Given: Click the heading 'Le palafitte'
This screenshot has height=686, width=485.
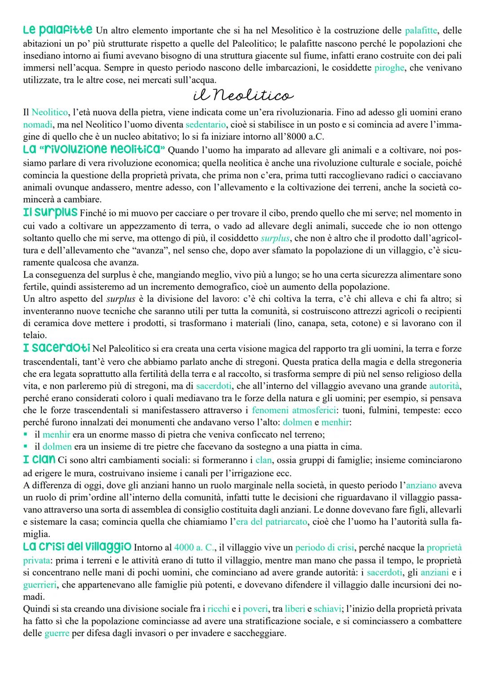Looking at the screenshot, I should pyautogui.click(x=57, y=31).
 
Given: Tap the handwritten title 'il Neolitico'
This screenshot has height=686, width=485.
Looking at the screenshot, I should pyautogui.click(x=243, y=95).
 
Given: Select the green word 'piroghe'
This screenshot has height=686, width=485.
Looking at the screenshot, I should pyautogui.click(x=388, y=68).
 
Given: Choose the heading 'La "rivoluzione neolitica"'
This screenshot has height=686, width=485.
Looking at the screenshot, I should pyautogui.click(x=94, y=150).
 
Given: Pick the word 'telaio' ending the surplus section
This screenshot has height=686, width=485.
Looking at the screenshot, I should pyautogui.click(x=34, y=335).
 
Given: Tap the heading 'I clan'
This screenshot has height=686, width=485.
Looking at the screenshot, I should pyautogui.click(x=39, y=459).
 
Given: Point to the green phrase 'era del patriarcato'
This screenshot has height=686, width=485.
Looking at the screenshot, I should pyautogui.click(x=272, y=522).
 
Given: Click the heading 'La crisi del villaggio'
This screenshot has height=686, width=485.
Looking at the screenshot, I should pyautogui.click(x=77, y=547).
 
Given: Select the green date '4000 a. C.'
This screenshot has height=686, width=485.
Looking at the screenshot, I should pyautogui.click(x=194, y=548).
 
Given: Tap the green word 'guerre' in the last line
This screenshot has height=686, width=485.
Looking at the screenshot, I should pyautogui.click(x=57, y=633).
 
